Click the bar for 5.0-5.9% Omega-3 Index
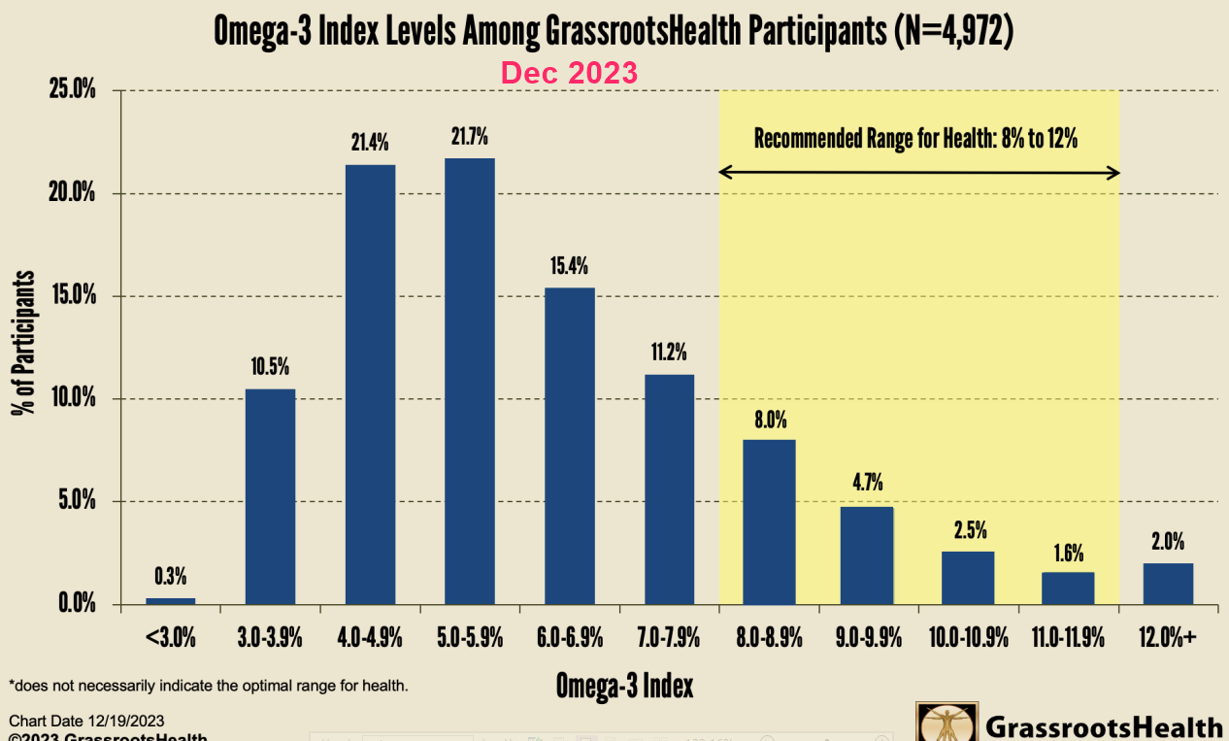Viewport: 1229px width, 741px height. click(x=470, y=381)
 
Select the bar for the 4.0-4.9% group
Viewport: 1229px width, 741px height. click(x=370, y=384)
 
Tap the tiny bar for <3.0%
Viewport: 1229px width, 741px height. click(x=170, y=600)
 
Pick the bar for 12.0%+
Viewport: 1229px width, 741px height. click(x=1168, y=584)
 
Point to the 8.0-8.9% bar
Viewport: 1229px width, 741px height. click(x=769, y=522)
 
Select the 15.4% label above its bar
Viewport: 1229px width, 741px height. click(x=570, y=266)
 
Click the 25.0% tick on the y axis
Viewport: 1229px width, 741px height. click(x=72, y=91)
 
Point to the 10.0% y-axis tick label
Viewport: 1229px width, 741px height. click(x=72, y=399)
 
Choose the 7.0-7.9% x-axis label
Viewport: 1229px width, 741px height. click(x=669, y=638)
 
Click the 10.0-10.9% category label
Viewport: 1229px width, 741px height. click(x=968, y=638)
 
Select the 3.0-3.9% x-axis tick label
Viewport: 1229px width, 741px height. click(x=270, y=638)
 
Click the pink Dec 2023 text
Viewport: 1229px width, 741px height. click(x=569, y=73)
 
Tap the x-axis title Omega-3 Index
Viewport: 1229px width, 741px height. click(x=624, y=686)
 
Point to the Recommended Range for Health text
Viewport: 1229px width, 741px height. click(x=916, y=138)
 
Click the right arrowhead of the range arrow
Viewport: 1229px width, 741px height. click(x=1114, y=173)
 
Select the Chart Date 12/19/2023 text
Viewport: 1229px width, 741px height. click(x=86, y=721)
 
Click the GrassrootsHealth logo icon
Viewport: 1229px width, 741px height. click(x=947, y=723)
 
